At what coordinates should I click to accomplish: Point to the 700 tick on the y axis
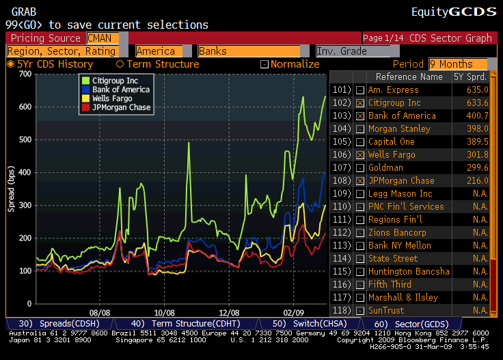coord(26,74)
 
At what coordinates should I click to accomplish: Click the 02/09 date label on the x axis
coord(294,310)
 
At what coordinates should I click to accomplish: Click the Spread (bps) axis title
coord(12,189)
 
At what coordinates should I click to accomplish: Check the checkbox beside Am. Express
coord(360,89)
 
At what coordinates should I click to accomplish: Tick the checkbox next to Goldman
coord(360,167)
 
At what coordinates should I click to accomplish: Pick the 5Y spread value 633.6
coord(476,102)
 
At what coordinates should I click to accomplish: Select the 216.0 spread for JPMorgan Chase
coord(476,180)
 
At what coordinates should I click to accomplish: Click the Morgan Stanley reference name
coord(399,128)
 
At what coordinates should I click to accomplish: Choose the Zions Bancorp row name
coord(398,232)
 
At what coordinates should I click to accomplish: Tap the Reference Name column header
coord(409,77)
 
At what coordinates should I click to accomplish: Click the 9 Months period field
coord(459,64)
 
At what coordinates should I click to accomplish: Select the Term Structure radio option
coord(157,64)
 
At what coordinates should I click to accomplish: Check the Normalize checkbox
coord(264,64)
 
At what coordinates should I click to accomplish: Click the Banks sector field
coord(249,51)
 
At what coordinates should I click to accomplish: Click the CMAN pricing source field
coord(103,38)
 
